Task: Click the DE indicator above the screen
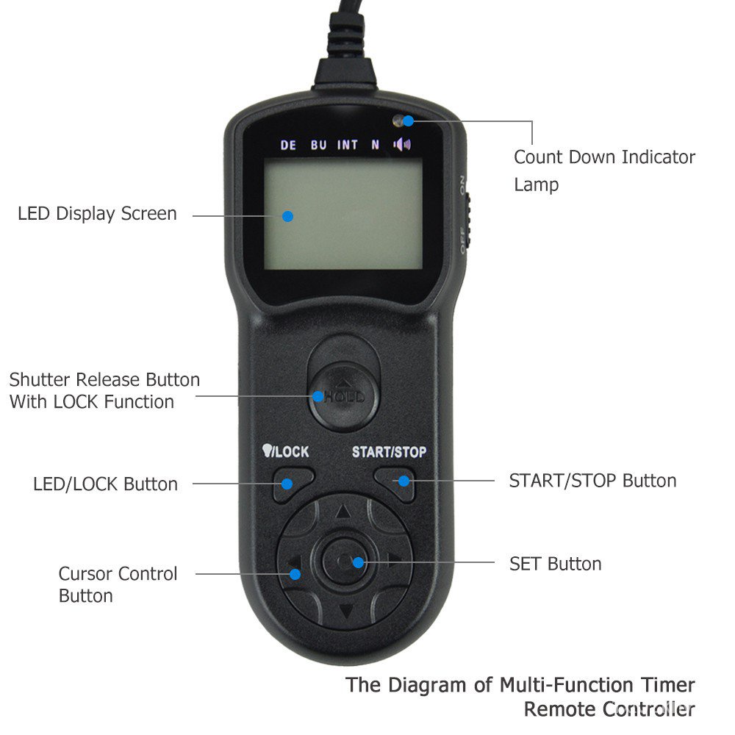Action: pyautogui.click(x=288, y=145)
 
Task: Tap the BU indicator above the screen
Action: pyautogui.click(x=318, y=145)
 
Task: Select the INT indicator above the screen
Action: pyautogui.click(x=348, y=145)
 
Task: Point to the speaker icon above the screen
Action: pyautogui.click(x=401, y=144)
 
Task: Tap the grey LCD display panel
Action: pyautogui.click(x=343, y=214)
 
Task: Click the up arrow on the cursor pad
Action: pyautogui.click(x=343, y=512)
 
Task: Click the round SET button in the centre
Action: pyautogui.click(x=345, y=562)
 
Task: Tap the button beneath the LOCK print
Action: pyautogui.click(x=291, y=484)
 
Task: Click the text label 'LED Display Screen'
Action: pyautogui.click(x=97, y=214)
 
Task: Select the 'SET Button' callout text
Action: pyautogui.click(x=555, y=564)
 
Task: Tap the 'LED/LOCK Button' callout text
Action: pyautogui.click(x=105, y=484)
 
